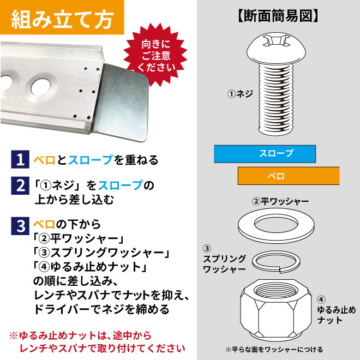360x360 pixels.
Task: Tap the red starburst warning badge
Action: point(156,55)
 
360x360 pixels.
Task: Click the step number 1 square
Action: point(20,159)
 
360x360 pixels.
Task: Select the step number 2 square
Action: point(20,185)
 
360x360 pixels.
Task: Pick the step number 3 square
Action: point(20,226)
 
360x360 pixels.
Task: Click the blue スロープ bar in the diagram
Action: point(265,154)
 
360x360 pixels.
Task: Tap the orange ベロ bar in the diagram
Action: point(289,176)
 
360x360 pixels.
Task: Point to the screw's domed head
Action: point(276,48)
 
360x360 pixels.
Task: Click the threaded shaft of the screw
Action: point(276,99)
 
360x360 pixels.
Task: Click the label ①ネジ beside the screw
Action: point(240,94)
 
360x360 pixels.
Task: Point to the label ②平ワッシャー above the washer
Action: point(280,201)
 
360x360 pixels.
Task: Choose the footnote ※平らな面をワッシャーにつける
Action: point(274,350)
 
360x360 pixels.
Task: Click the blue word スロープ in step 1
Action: point(91,160)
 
